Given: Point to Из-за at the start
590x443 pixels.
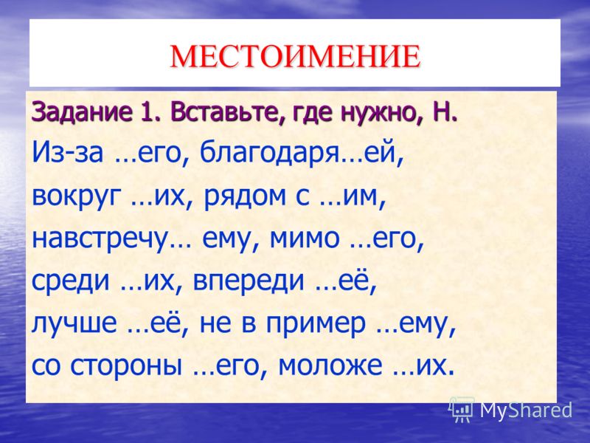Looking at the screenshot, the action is click(x=68, y=153).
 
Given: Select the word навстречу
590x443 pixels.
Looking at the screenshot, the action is click(x=100, y=239).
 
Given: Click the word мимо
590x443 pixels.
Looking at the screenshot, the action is click(x=305, y=238).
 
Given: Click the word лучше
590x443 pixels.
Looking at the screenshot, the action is click(x=74, y=323).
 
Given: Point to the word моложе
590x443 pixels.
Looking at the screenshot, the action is click(x=330, y=365).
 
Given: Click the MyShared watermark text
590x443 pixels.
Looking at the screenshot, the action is click(x=526, y=410).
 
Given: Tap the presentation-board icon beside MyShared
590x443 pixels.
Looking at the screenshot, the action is click(x=462, y=409).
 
